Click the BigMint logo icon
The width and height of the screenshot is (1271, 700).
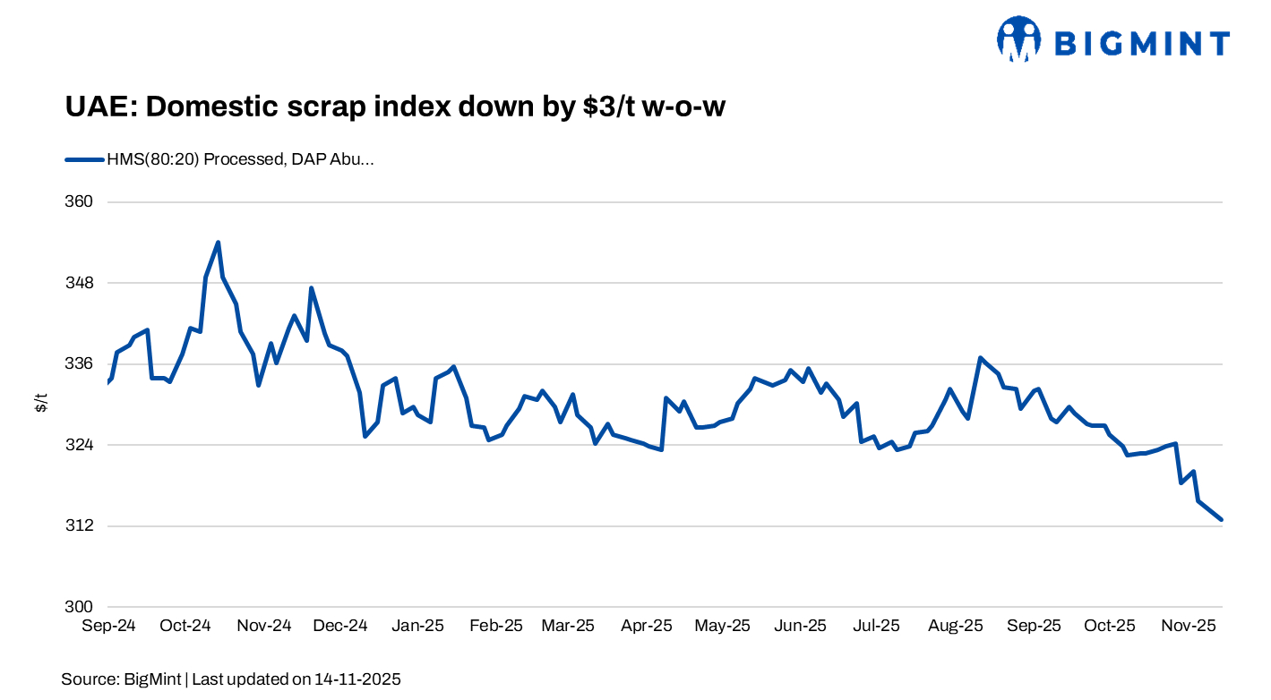pyautogui.click(x=1018, y=38)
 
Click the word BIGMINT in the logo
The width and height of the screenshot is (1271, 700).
pyautogui.click(x=1141, y=43)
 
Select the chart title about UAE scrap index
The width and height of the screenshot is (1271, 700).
pyautogui.click(x=394, y=107)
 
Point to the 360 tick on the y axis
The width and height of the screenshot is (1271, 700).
pyautogui.click(x=82, y=201)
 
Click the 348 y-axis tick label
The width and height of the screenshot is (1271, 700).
pyautogui.click(x=82, y=283)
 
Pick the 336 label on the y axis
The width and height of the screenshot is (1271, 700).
pyautogui.click(x=82, y=363)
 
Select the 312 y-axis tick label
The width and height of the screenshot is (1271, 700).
pyautogui.click(x=82, y=525)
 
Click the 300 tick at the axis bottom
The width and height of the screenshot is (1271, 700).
pyautogui.click(x=82, y=606)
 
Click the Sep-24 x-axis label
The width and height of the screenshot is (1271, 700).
pyautogui.click(x=108, y=626)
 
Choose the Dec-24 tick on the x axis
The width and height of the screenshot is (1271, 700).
pyautogui.click(x=340, y=626)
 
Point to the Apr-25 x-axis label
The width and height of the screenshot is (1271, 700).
pyautogui.click(x=647, y=626)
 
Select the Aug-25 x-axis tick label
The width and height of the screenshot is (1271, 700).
pyautogui.click(x=956, y=626)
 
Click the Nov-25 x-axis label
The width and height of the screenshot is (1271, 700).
pyautogui.click(x=1188, y=626)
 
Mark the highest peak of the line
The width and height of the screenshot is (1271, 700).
pyautogui.click(x=218, y=243)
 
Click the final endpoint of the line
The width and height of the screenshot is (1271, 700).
pyautogui.click(x=1221, y=519)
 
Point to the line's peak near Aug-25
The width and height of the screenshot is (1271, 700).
pyautogui.click(x=981, y=358)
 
